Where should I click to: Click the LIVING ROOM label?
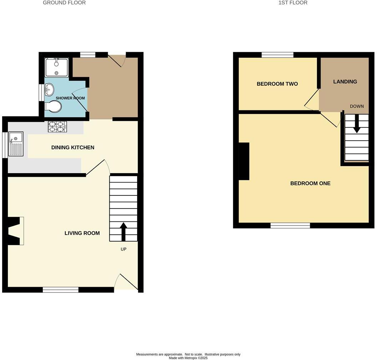pyautogui.click(x=82, y=233)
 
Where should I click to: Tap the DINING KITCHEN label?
pyautogui.click(x=73, y=147)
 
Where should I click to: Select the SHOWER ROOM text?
pyautogui.click(x=70, y=98)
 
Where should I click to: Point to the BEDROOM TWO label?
pyautogui.click(x=277, y=84)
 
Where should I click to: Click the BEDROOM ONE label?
pyautogui.click(x=310, y=183)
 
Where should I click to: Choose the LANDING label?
pyautogui.click(x=345, y=81)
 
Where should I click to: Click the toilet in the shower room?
pyautogui.click(x=54, y=106)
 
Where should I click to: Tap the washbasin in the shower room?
pyautogui.click(x=49, y=89)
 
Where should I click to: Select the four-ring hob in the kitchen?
pyautogui.click(x=57, y=127)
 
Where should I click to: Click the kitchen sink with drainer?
pyautogui.click(x=16, y=144)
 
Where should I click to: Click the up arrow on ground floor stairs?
pyautogui.click(x=124, y=231)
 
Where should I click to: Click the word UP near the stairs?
pyautogui.click(x=124, y=249)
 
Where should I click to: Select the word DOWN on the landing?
pyautogui.click(x=357, y=106)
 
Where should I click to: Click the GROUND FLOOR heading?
pyautogui.click(x=64, y=3)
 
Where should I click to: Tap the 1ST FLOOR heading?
pyautogui.click(x=293, y=3)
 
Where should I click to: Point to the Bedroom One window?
pyautogui.click(x=290, y=225)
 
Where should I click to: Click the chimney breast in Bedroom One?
pyautogui.click(x=244, y=161)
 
